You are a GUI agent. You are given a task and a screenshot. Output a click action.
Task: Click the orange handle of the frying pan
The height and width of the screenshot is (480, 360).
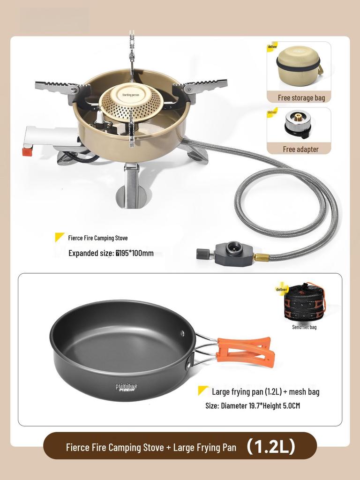pos(244,352)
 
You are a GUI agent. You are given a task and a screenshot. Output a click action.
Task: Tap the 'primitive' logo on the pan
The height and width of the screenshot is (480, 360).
pos(127,387)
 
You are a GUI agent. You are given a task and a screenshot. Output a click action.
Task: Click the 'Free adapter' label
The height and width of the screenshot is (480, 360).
pos(300,149)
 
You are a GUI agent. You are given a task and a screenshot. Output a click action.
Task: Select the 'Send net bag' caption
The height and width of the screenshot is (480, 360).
pos(304,327)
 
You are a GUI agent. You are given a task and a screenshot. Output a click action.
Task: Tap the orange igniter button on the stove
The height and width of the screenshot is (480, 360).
pos(27,152)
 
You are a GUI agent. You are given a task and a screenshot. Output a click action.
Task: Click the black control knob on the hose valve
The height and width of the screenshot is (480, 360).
pos(202,254)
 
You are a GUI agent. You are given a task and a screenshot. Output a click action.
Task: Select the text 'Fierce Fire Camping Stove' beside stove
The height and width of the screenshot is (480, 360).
pos(97,238)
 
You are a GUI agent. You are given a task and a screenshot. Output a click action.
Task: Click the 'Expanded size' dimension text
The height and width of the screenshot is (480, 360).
pos(111,254)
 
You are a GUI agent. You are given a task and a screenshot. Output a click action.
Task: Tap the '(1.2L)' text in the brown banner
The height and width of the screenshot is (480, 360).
pos(271,446)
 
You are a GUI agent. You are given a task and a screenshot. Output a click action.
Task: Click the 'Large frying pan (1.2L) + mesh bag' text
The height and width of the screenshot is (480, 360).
pos(265,391)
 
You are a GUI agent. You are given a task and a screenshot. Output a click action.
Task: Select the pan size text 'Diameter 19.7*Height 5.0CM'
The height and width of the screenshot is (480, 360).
pos(252,405)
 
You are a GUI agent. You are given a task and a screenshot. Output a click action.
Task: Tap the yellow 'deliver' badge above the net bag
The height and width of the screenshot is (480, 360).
pos(282,290)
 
